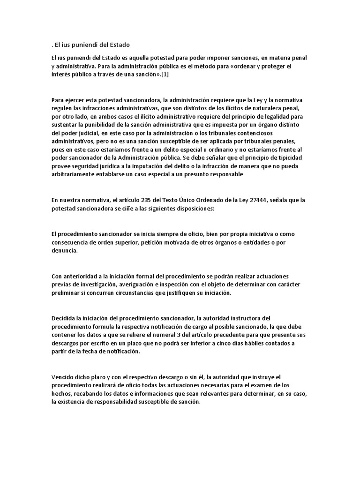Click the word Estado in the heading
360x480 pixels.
click(118, 45)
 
